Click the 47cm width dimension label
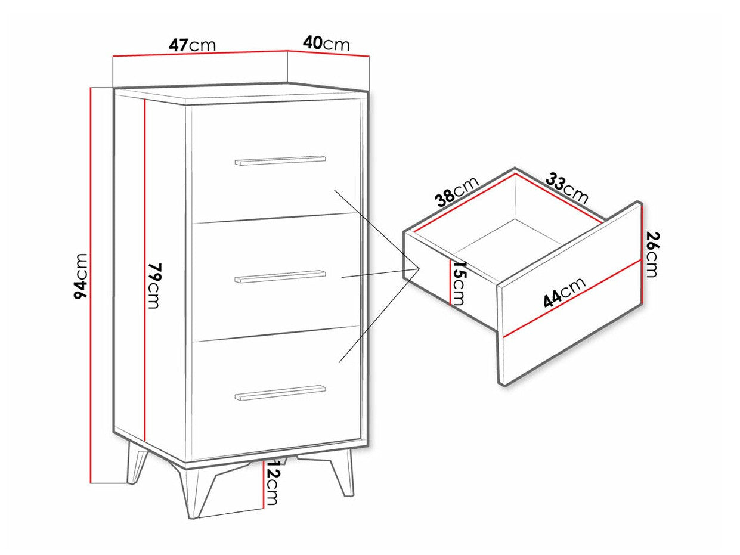(191, 45)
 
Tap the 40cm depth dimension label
(326, 43)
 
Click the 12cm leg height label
(272, 486)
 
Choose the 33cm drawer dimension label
(567, 189)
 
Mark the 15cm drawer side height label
(459, 283)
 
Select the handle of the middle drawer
(280, 276)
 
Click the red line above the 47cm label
(200, 54)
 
